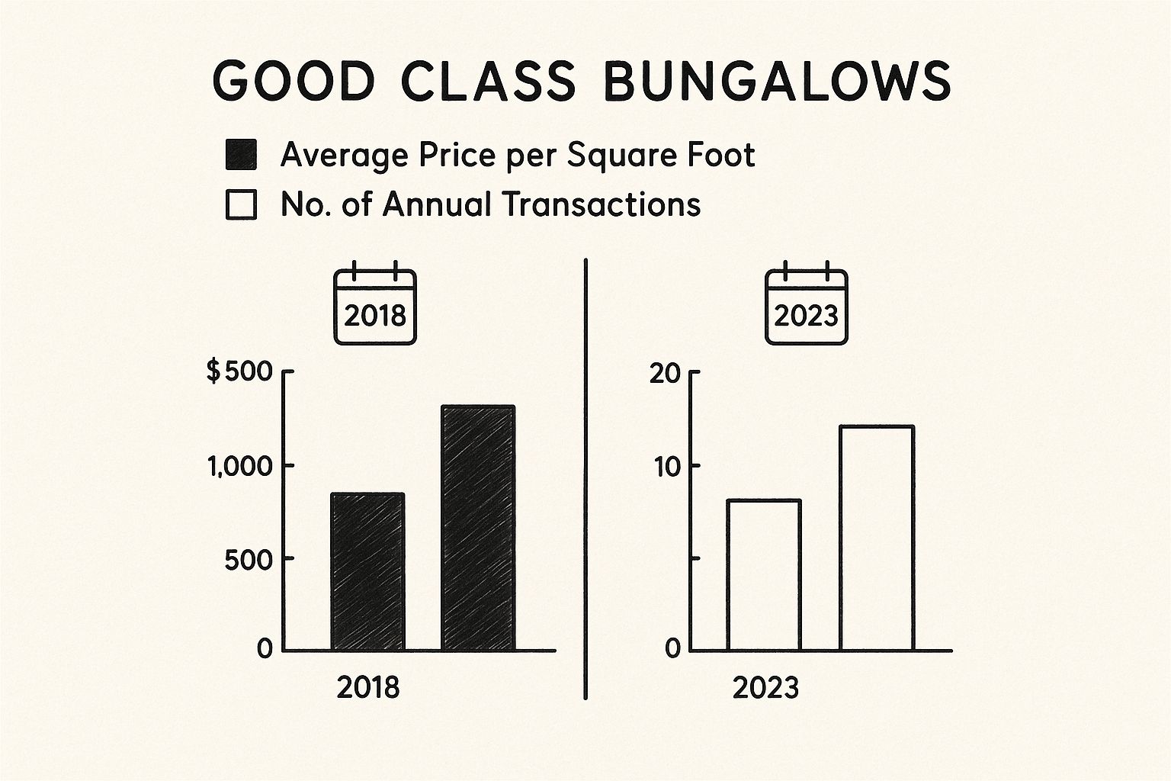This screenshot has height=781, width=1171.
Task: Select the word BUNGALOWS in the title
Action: tap(777, 80)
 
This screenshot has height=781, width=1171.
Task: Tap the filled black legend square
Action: tap(242, 155)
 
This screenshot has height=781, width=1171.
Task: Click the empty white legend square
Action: tap(242, 205)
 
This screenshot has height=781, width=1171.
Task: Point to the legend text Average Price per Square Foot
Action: tap(518, 155)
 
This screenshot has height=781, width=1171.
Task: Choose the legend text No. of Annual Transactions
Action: tap(490, 204)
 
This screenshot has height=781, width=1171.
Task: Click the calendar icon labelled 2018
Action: tap(374, 304)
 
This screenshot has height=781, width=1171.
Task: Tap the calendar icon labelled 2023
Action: tap(806, 304)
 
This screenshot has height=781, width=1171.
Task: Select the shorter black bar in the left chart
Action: tap(367, 572)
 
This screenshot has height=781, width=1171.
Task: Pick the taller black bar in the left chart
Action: tap(478, 528)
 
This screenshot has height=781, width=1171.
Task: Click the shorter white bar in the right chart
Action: tap(764, 575)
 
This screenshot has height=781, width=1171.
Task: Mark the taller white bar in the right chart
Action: tap(877, 538)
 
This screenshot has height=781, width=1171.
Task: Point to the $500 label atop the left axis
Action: tap(239, 372)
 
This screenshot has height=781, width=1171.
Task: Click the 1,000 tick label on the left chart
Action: tap(239, 466)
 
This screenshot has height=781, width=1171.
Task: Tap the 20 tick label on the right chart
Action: tap(663, 374)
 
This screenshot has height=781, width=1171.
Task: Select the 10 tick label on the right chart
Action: tap(666, 467)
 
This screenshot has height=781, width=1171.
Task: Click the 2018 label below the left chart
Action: tap(367, 688)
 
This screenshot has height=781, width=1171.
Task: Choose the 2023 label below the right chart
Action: tap(765, 688)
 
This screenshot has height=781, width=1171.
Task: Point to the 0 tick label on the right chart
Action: tap(672, 649)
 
